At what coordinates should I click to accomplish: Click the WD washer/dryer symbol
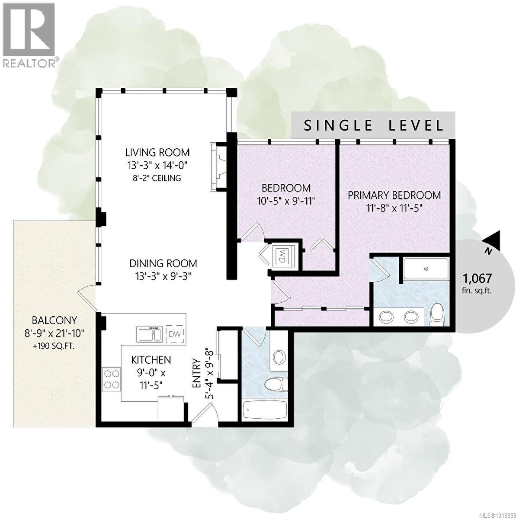[x=281, y=256]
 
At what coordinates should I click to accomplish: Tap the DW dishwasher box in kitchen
[x=175, y=334]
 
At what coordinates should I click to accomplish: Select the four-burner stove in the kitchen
[x=111, y=379]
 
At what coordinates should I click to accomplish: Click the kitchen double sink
[x=150, y=334]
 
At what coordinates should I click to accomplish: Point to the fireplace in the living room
[x=218, y=166]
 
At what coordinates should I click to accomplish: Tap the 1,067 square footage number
[x=477, y=278]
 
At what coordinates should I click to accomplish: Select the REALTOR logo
[x=29, y=35]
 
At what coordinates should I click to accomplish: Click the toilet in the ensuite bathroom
[x=438, y=314]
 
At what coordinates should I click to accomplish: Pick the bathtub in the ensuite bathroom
[x=426, y=269]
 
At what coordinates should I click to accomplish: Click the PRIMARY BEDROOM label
[x=394, y=195]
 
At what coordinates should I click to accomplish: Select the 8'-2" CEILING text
[x=157, y=178]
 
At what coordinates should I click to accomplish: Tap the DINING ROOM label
[x=163, y=263]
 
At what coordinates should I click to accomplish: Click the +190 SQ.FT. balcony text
[x=54, y=346]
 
